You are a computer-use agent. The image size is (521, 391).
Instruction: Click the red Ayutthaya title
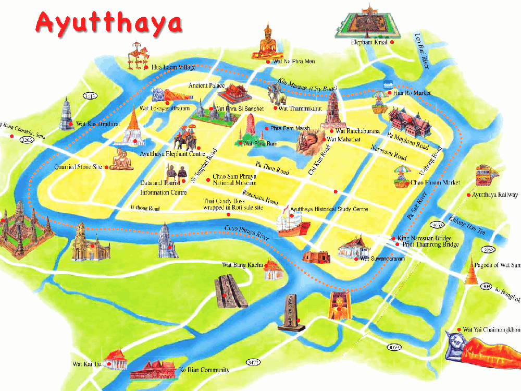[109, 22]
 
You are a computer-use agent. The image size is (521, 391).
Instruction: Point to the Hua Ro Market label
[412, 93]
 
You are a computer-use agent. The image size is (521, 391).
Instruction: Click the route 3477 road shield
[254, 362]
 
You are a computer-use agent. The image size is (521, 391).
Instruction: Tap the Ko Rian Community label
[204, 370]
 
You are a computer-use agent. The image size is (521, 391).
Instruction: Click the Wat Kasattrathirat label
[98, 124]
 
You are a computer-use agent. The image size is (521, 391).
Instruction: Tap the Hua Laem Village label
[173, 67]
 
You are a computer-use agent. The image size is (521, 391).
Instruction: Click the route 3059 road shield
[394, 347]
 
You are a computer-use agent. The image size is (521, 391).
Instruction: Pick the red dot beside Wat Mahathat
[324, 139]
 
